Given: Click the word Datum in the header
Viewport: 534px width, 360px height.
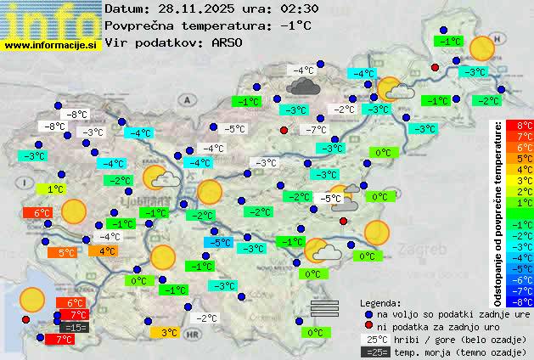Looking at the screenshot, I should point(124,8).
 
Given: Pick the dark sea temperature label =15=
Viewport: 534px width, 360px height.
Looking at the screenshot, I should point(74,327).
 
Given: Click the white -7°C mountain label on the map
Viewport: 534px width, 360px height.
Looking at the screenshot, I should point(316,130).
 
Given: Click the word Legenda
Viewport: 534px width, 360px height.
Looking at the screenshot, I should point(380,302).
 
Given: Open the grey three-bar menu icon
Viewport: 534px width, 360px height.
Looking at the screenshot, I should point(324,308).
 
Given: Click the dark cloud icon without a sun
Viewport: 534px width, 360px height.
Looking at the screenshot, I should point(302,85).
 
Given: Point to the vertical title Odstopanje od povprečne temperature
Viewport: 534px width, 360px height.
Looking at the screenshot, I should point(499,212).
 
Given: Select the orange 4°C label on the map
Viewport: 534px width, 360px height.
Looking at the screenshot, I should point(108,250).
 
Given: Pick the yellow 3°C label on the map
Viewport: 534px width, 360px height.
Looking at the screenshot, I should point(168,333).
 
